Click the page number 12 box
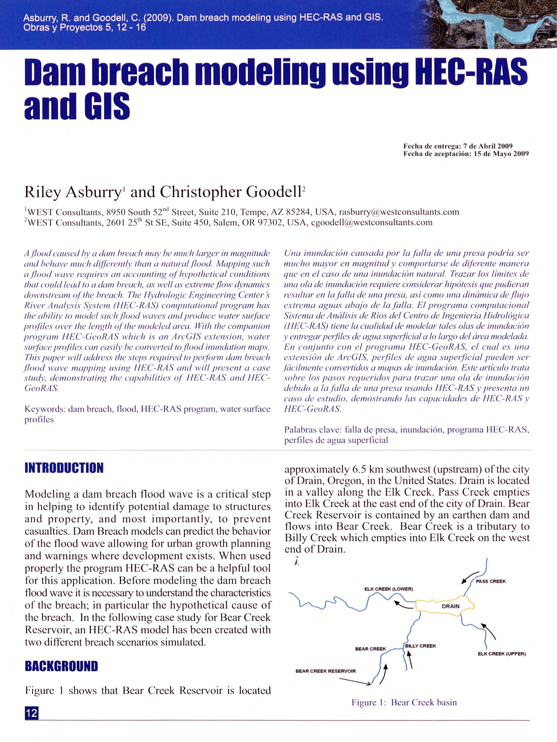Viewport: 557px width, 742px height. [31, 712]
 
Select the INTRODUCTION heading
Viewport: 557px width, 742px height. [64, 468]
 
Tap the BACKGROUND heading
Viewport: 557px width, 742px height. [61, 666]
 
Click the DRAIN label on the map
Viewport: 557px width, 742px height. [451, 606]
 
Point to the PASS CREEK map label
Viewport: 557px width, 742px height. [491, 581]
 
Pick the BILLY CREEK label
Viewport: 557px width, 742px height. [421, 646]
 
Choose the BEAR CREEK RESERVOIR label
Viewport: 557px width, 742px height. [326, 671]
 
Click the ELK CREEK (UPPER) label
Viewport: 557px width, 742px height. [502, 654]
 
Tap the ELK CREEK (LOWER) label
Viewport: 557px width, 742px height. [388, 589]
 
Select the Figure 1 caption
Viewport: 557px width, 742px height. [404, 702]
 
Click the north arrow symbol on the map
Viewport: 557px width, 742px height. [297, 561]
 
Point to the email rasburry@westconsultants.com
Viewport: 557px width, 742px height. [399, 212]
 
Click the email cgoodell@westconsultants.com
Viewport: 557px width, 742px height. [372, 222]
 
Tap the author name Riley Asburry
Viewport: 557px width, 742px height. [72, 192]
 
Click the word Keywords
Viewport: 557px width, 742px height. [45, 409]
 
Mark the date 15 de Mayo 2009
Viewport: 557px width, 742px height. [501, 154]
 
